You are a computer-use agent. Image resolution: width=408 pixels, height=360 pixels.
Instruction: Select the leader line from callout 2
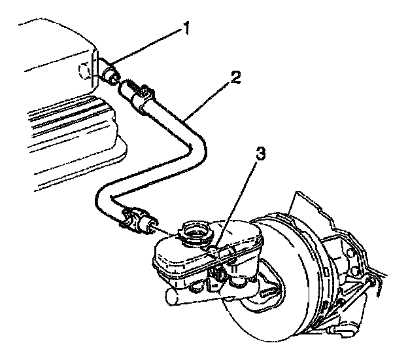pos(209,98)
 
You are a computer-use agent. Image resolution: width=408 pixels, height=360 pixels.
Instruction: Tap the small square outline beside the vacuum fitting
pos(82,70)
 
